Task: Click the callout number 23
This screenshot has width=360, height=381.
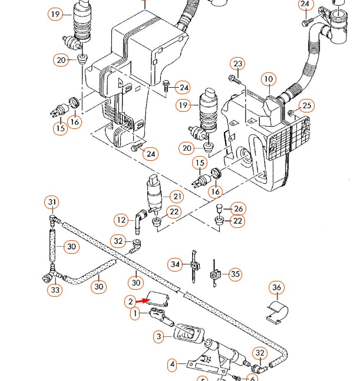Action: click(x=237, y=64)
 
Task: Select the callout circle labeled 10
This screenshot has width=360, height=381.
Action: click(x=268, y=78)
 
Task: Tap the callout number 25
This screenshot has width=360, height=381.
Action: click(x=307, y=106)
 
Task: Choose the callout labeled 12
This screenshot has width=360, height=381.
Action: click(x=121, y=220)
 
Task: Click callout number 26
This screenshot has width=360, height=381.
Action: click(x=237, y=208)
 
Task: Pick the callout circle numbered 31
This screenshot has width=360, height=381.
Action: click(x=52, y=203)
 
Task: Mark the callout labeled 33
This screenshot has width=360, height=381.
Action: click(x=55, y=290)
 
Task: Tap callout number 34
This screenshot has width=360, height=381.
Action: click(x=174, y=264)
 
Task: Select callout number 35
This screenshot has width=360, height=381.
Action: click(x=235, y=274)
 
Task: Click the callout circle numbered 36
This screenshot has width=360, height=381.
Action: click(x=277, y=288)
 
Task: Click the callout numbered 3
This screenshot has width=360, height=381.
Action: click(x=158, y=337)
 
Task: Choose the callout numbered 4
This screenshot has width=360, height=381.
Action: click(x=173, y=365)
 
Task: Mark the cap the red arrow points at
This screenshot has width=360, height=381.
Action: click(x=158, y=299)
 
